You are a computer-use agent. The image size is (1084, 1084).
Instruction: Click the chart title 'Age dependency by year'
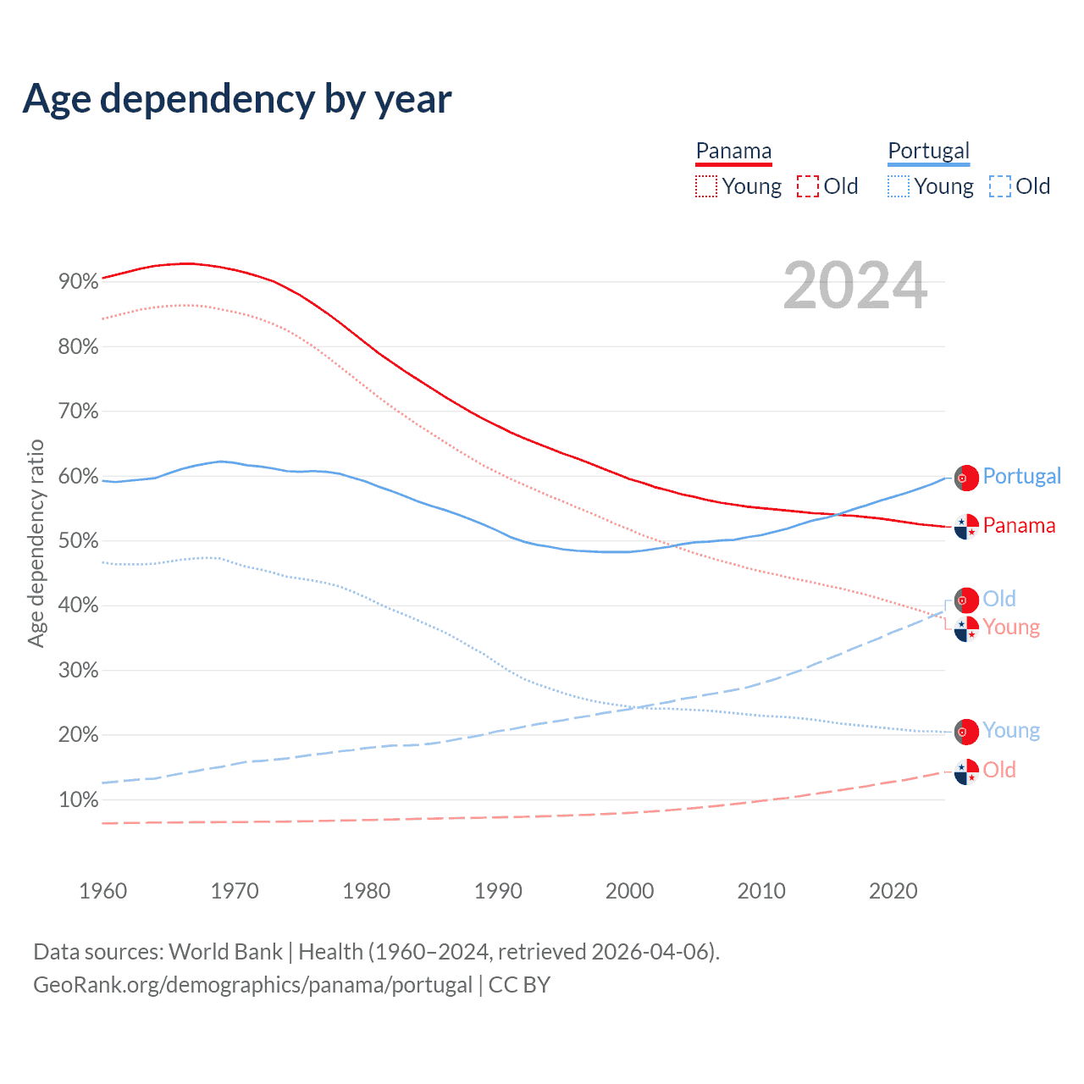tap(237, 98)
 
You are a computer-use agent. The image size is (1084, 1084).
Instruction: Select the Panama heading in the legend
tap(733, 152)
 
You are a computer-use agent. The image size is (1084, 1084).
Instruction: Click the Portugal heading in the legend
tap(928, 152)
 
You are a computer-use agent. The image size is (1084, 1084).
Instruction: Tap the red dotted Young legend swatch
tap(706, 186)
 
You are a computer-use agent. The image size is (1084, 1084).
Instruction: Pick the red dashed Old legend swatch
tap(808, 186)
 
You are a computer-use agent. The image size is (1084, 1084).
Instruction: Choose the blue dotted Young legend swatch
tap(899, 186)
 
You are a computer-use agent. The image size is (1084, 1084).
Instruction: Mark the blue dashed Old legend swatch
tap(1000, 186)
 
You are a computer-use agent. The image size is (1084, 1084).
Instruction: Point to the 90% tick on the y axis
tap(79, 282)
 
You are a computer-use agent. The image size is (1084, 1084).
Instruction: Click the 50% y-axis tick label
tap(79, 541)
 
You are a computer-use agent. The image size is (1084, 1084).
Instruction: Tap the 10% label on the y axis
tap(79, 800)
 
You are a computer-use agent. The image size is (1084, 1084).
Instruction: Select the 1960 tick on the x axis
tap(103, 891)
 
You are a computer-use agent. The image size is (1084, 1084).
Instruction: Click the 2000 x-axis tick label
tap(630, 891)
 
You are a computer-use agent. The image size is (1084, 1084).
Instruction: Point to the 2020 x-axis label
tap(893, 891)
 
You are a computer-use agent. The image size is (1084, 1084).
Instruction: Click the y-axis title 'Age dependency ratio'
tap(36, 543)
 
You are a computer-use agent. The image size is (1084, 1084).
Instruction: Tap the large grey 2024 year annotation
tap(855, 286)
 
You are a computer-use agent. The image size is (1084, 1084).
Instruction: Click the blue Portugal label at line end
tap(1021, 476)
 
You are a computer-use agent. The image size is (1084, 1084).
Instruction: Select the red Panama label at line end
tap(1019, 526)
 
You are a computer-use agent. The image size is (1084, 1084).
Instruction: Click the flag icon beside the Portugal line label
tap(966, 478)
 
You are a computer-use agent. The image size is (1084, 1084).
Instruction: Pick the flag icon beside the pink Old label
tap(966, 772)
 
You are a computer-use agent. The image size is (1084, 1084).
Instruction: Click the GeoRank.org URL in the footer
tap(252, 985)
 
